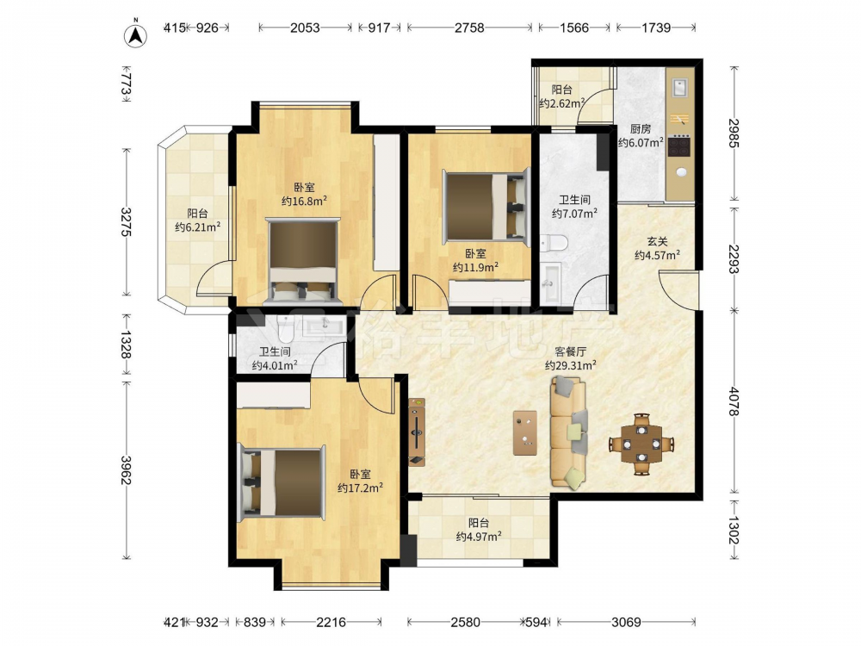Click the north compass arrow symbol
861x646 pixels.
(x=136, y=34)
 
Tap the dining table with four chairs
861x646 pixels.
(x=641, y=444)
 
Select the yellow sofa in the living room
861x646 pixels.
(x=569, y=434)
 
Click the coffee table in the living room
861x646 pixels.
(x=525, y=433)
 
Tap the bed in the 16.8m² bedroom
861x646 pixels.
(x=304, y=261)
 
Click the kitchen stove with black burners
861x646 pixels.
(x=679, y=146)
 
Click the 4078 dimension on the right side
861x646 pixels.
(x=734, y=401)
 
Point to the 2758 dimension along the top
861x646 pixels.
(x=469, y=28)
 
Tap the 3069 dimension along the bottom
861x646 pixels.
(x=627, y=623)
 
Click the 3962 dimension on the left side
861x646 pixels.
(x=126, y=470)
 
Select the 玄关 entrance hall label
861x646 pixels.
(x=657, y=241)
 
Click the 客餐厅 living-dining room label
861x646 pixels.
(x=570, y=351)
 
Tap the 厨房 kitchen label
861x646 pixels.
(x=641, y=129)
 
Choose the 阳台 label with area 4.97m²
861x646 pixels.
(x=478, y=523)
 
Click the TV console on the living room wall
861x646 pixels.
(x=416, y=432)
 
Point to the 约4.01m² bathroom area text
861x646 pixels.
(x=275, y=364)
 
